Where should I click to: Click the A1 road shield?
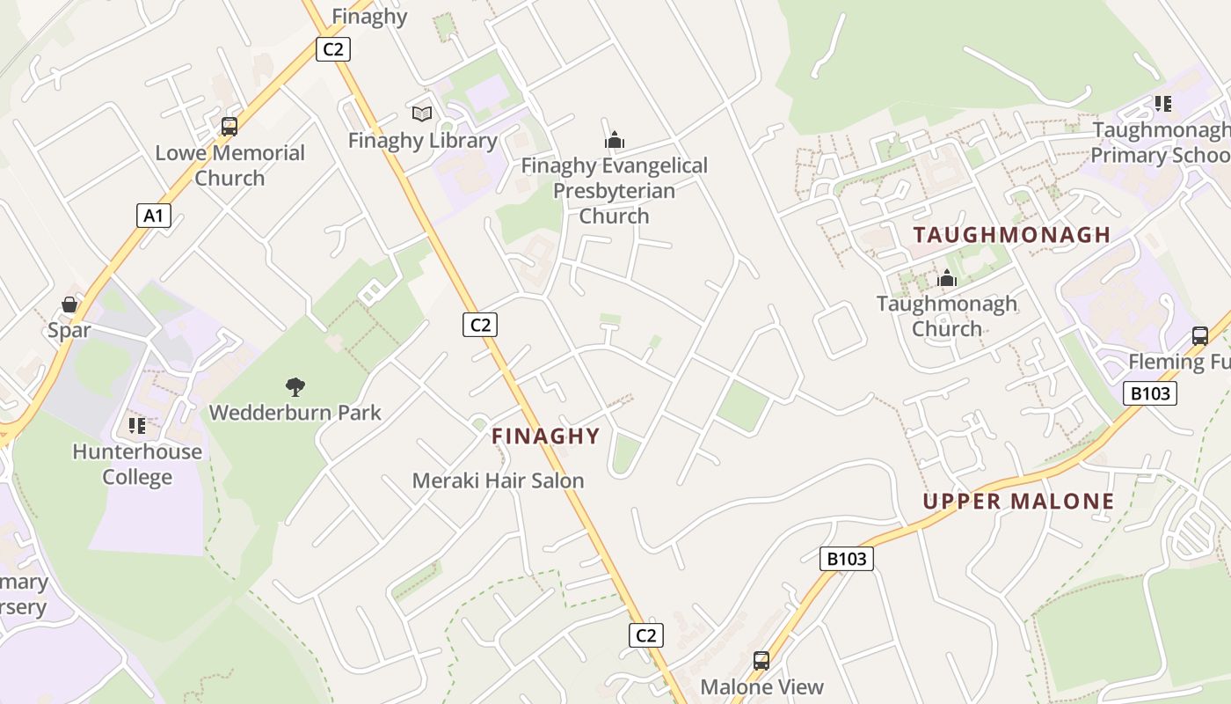tap(153, 216)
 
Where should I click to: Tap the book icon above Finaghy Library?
tap(422, 114)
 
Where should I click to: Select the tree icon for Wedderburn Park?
tap(295, 385)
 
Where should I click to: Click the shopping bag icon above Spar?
tap(69, 304)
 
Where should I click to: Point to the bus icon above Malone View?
tap(761, 660)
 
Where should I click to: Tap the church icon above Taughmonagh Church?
tap(947, 279)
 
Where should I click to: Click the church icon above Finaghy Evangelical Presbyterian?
tap(615, 139)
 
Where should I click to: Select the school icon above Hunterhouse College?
tap(136, 426)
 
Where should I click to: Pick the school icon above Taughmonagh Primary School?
tap(1163, 104)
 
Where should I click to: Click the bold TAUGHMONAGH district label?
tap(1011, 235)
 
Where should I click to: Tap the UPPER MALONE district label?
tap(1018, 502)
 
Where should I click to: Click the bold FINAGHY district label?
tap(545, 436)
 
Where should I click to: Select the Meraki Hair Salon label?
tap(498, 480)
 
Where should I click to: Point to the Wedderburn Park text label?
tap(295, 412)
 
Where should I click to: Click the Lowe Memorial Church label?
tap(229, 165)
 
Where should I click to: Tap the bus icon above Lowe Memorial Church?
tap(229, 126)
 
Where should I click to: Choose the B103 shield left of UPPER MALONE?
tap(847, 558)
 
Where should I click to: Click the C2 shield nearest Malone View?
tap(645, 634)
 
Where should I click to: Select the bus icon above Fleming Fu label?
tap(1200, 335)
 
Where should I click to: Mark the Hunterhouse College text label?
tap(137, 465)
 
